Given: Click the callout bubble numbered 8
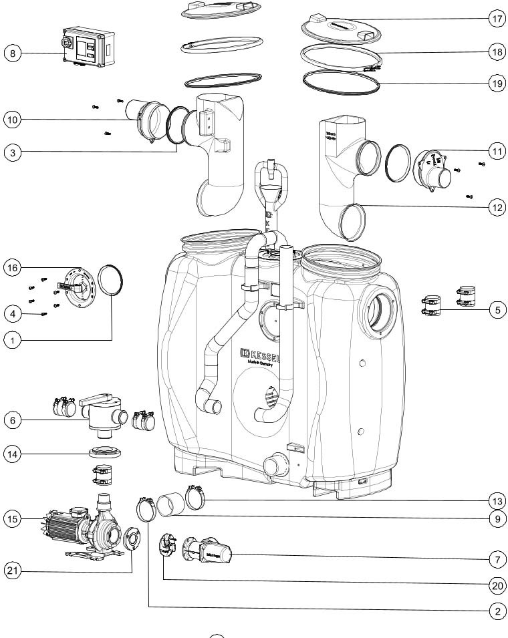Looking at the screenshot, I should [x=12, y=52].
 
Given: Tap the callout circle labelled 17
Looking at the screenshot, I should [x=495, y=19].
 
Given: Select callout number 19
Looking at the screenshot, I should [x=495, y=84].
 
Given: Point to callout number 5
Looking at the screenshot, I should [x=495, y=309].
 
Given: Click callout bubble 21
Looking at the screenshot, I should [x=12, y=570].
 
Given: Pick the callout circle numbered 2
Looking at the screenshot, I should [x=495, y=611].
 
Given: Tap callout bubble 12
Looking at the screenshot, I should [x=495, y=208].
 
